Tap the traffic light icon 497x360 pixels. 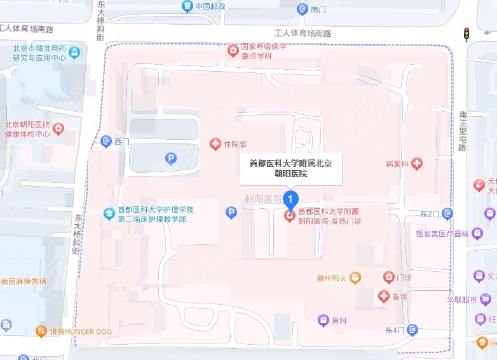(466, 34)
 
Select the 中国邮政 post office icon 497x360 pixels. (187, 6)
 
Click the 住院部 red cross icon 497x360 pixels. (215, 144)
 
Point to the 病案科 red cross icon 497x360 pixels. (417, 164)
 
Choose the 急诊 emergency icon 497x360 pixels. (383, 296)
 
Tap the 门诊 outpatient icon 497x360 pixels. (388, 277)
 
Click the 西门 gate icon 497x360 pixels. (106, 141)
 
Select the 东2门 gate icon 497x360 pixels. (448, 214)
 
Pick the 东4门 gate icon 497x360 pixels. (413, 330)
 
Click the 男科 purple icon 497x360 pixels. (323, 319)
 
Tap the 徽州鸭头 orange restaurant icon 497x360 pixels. (355, 277)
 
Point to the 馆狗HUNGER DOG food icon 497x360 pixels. (41, 330)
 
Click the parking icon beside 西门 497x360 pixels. (170, 159)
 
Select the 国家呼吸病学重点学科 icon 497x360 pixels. (234, 50)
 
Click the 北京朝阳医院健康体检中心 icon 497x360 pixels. (58, 129)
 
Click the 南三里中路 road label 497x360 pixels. (462, 131)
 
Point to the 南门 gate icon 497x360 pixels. (303, 9)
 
